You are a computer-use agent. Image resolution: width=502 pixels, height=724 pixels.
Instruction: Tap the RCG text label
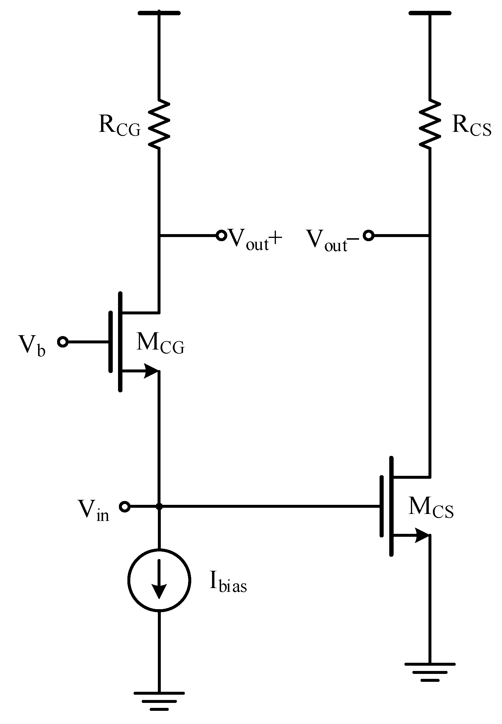point(119,125)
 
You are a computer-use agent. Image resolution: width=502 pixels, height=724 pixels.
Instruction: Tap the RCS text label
point(471,125)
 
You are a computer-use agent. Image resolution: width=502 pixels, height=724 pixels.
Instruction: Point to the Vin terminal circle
point(124,507)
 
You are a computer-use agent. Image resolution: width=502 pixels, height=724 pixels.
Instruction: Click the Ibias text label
point(228,582)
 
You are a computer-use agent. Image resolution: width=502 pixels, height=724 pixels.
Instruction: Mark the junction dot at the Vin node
point(159,507)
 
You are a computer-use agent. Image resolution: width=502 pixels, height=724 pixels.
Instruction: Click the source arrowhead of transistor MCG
point(151,371)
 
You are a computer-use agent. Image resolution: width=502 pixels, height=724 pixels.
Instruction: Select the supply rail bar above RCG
point(159,13)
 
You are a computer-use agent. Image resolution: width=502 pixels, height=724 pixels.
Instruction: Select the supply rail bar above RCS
point(430,13)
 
